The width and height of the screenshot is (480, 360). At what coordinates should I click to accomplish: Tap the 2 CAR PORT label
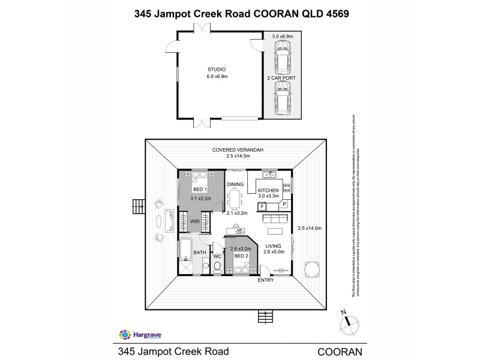[281, 78]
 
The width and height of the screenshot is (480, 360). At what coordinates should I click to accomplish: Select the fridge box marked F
[262, 206]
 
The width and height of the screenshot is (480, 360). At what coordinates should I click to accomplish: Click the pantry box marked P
[284, 205]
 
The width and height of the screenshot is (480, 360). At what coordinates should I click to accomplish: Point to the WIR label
[195, 221]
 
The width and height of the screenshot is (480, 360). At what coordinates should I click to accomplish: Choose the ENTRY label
[265, 280]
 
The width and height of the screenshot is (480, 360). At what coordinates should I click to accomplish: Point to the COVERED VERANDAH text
[234, 149]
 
